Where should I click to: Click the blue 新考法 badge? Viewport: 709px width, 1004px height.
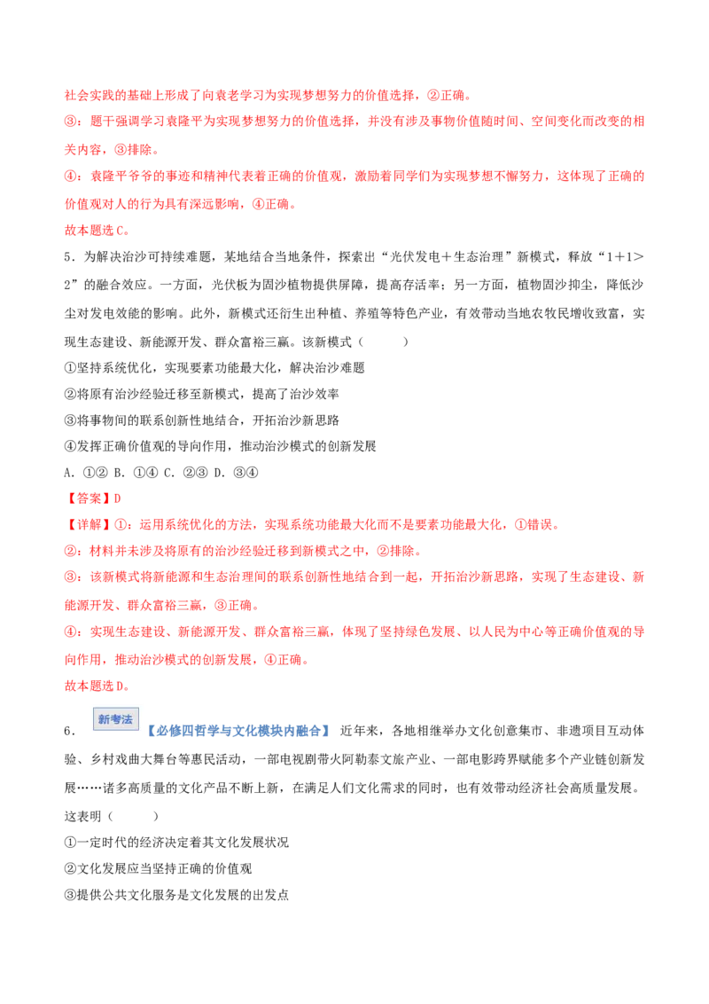[x=116, y=719]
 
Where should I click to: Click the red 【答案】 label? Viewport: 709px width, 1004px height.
[x=89, y=498]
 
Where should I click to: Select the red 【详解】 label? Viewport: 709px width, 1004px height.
[x=89, y=524]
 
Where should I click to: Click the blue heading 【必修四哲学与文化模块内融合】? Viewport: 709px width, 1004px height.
[x=238, y=731]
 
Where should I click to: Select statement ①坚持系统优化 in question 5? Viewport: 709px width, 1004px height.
[x=214, y=367]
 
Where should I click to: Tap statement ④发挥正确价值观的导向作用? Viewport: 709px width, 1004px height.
[x=220, y=446]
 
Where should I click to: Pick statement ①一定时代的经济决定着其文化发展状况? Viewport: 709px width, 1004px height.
[x=176, y=842]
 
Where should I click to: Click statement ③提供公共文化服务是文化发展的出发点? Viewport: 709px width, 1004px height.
[x=176, y=895]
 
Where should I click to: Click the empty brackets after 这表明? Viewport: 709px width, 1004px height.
[x=133, y=816]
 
